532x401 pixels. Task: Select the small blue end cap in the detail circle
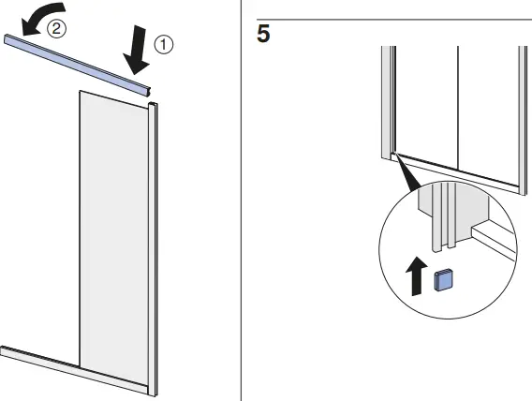tap(446, 278)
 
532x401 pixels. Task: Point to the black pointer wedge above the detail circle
tap(405, 172)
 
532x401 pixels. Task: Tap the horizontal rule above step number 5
tap(393, 20)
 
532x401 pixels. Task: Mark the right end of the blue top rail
tap(149, 90)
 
